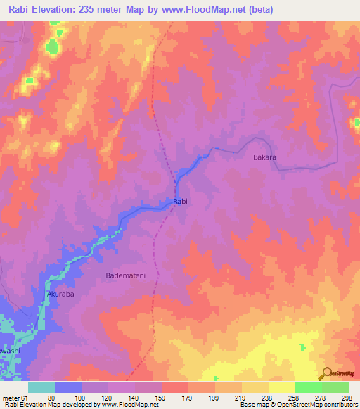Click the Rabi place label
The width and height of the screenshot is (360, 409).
181,202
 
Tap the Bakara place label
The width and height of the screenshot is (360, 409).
264,157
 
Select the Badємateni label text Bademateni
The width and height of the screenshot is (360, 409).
125,275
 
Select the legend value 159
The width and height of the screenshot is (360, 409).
160,397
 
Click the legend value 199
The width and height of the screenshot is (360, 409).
214,397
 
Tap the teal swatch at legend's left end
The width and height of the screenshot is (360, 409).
41,387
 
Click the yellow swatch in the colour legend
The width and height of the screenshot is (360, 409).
282,387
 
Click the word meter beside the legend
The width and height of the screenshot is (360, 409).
10,397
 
